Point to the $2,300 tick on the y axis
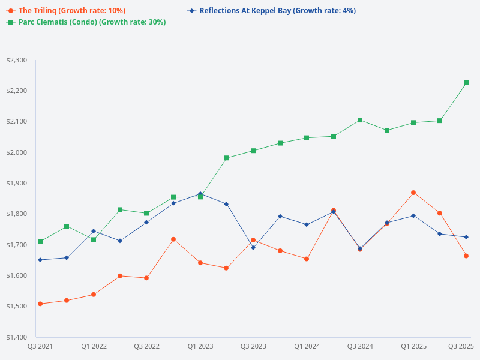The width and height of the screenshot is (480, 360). pos(16,60)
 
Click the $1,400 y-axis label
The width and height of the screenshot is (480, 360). pos(16,337)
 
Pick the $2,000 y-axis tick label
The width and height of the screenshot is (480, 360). pos(16,152)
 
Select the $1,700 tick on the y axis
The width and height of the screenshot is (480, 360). pos(16,245)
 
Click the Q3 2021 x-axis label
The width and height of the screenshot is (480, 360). pos(40,346)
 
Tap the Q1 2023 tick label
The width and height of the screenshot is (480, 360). pos(200,346)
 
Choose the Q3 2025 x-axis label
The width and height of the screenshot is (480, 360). pos(461,346)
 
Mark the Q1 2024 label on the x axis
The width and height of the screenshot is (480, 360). pos(307,346)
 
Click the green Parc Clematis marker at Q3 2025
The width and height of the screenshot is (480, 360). pos(466,83)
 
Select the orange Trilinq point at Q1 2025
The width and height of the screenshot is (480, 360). pos(413,193)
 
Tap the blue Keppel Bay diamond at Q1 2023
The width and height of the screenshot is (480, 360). pos(200,194)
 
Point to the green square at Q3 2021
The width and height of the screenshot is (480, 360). pos(40,241)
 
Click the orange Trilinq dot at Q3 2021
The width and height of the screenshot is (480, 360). pos(40,304)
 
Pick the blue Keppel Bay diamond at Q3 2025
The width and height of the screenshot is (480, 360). pos(466,237)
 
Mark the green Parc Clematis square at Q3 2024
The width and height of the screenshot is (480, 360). pos(360,120)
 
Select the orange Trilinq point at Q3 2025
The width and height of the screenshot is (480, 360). pos(466,256)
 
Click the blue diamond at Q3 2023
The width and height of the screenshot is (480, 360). pos(253,247)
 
